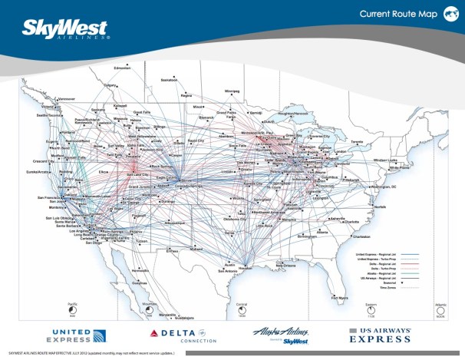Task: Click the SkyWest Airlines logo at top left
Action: pos(66,28)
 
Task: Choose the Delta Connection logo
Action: pos(183,334)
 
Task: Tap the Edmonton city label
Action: pos(123,70)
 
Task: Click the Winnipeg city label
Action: pos(232,91)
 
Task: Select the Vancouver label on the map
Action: pos(68,99)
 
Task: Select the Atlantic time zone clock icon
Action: pos(440,309)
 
